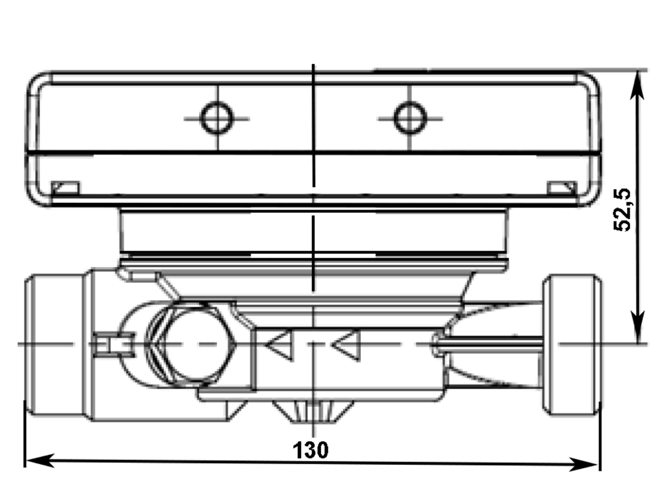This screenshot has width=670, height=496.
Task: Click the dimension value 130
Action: click(311, 450)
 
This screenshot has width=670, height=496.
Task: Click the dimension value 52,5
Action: click(622, 210)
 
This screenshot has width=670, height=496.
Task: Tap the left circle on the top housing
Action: click(217, 118)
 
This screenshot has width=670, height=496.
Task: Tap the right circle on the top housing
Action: click(410, 117)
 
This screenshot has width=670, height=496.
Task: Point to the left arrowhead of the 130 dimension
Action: click(39, 460)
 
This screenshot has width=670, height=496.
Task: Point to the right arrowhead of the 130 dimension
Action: click(584, 464)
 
